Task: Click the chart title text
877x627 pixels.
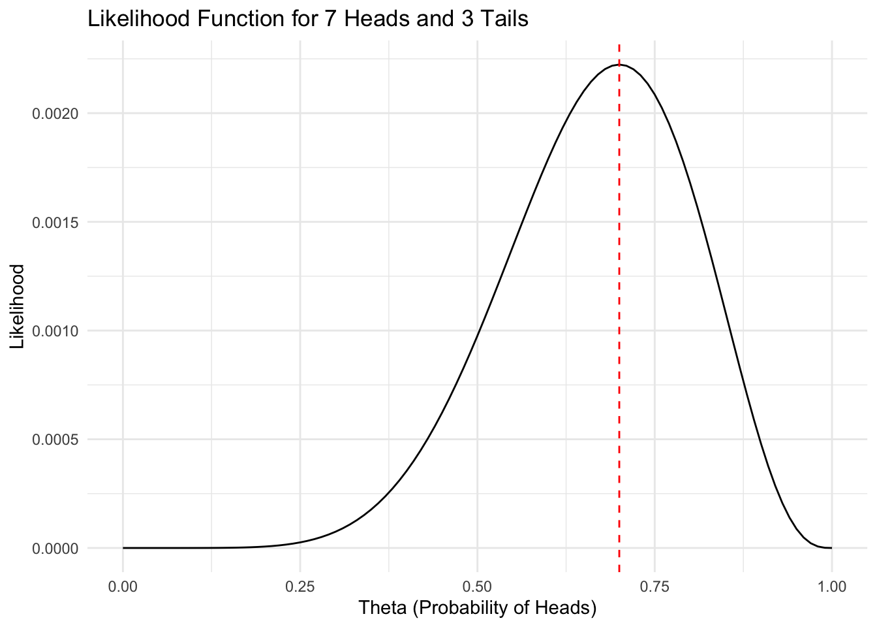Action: click(x=307, y=20)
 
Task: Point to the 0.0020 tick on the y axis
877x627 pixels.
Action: click(x=55, y=114)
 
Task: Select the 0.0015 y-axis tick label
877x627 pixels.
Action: click(x=55, y=222)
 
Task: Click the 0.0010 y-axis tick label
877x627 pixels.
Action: click(x=55, y=331)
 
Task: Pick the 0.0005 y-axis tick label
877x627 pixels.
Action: click(x=55, y=440)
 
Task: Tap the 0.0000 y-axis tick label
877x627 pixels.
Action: click(x=55, y=549)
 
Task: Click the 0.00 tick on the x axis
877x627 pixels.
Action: click(x=123, y=587)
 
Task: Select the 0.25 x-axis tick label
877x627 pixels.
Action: click(x=300, y=587)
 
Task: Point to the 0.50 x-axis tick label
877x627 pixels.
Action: click(x=477, y=587)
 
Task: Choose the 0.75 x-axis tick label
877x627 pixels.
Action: click(x=654, y=587)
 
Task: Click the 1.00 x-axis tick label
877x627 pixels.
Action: click(x=831, y=587)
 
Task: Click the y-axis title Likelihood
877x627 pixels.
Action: click(x=18, y=306)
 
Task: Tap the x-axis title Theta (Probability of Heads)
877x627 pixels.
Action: click(x=478, y=608)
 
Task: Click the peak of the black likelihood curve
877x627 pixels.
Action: click(x=619, y=65)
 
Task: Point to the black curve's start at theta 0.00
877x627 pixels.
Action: click(x=123, y=548)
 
